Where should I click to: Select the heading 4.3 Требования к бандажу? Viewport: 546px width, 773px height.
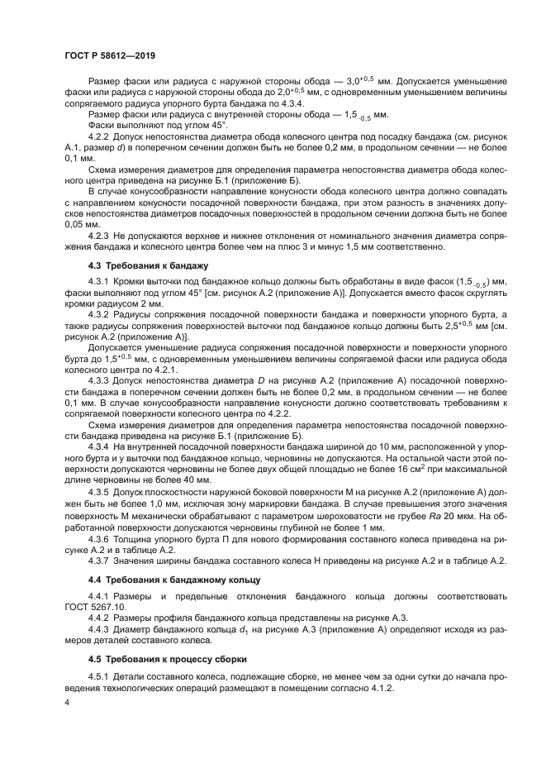pyautogui.click(x=136, y=265)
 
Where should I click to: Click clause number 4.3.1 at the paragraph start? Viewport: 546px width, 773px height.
pyautogui.click(x=100, y=284)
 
